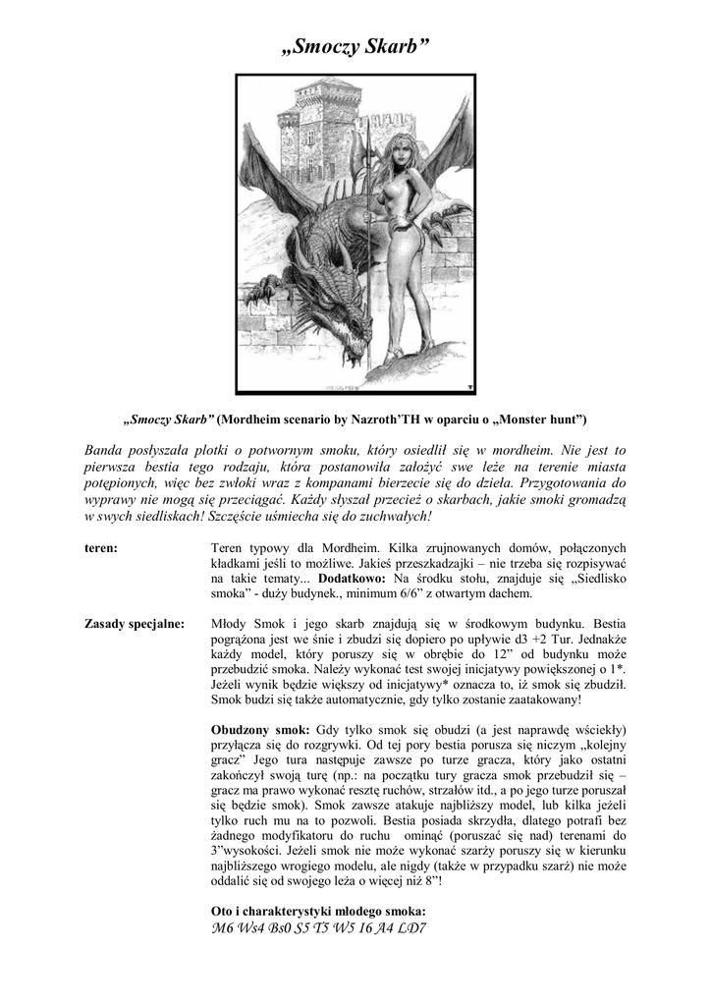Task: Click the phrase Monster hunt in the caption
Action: click(539, 419)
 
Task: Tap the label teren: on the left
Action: click(102, 548)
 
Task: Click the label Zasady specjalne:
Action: click(135, 624)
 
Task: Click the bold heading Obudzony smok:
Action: click(260, 730)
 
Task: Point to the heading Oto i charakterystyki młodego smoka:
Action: click(318, 909)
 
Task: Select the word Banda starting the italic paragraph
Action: click(105, 450)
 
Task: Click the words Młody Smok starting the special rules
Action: click(247, 624)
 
